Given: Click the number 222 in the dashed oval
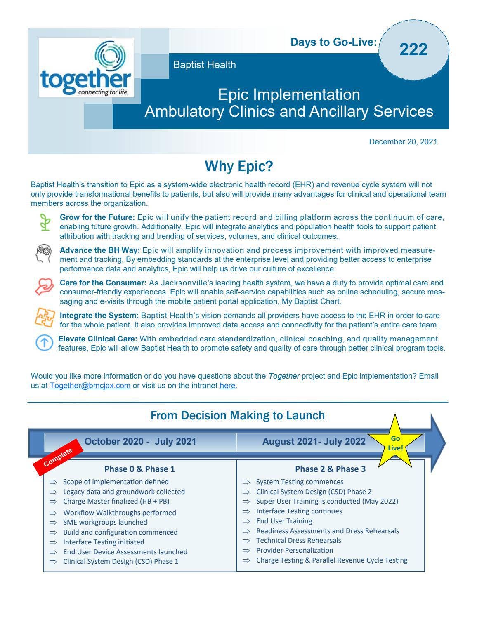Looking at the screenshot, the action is (x=413, y=49).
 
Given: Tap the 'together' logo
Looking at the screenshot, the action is (x=86, y=68).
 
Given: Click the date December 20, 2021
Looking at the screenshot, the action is (x=403, y=142).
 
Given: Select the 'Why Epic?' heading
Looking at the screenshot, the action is (x=239, y=166).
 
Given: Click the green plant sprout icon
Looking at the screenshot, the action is (x=45, y=222).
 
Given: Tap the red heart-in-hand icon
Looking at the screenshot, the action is (x=44, y=286).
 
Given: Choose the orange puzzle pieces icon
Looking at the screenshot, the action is (x=44, y=318).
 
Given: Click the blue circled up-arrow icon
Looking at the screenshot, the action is (x=44, y=343).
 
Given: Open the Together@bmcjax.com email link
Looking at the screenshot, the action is (x=90, y=386).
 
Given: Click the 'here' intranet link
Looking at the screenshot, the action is (x=227, y=386).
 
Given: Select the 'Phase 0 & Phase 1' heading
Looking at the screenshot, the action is (x=139, y=469).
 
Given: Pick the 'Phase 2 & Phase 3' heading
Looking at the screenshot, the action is (x=330, y=469).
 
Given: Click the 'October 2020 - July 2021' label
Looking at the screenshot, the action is (x=140, y=442).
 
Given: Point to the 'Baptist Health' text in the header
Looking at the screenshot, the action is (x=205, y=65).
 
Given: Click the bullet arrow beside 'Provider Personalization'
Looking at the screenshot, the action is (x=246, y=551).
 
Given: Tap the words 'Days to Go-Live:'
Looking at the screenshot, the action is (x=333, y=42).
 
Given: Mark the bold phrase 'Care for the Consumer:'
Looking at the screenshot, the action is (x=103, y=283).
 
